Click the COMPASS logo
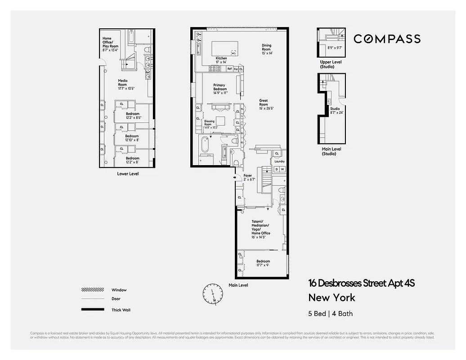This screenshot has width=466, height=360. [387, 39]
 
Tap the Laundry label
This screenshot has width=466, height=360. [279, 161]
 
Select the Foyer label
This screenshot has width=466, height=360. [248, 177]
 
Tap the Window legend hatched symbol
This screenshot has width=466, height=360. [92, 290]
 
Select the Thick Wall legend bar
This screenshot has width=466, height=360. [92, 310]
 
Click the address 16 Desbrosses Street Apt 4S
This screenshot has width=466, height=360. [361, 283]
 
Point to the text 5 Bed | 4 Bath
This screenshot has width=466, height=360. [333, 314]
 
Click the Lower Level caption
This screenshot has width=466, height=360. [128, 173]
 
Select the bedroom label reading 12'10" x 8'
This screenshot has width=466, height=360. [132, 138]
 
